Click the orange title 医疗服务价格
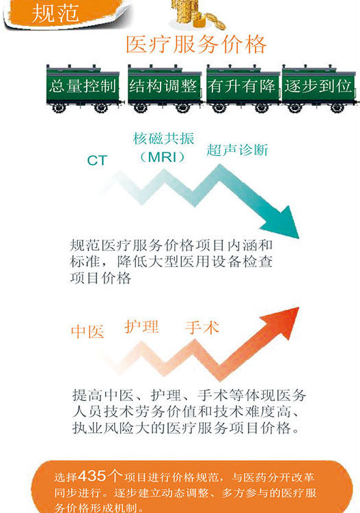coord(196,44)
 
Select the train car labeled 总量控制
coord(83,88)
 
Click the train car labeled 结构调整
coord(165,88)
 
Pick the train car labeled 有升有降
coord(243,88)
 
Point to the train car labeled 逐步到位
coord(318,88)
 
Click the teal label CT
coord(97,161)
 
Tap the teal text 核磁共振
coord(164,139)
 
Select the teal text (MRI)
coord(163,157)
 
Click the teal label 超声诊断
coord(237,150)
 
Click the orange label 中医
coord(87,331)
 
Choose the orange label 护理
coord(141,327)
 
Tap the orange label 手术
coord(202,327)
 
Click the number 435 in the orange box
coord(92,475)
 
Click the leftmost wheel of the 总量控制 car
coord(59,108)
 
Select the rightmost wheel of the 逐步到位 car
coord(337,108)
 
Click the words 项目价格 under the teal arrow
coord(100,278)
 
